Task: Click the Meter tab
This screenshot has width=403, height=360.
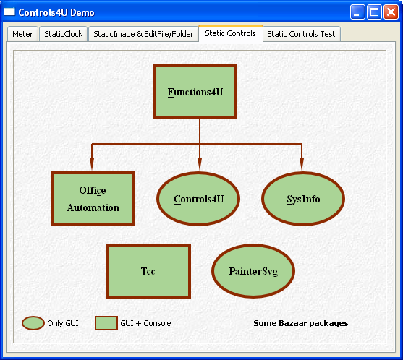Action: click(x=22, y=34)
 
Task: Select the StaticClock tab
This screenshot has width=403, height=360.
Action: click(x=63, y=34)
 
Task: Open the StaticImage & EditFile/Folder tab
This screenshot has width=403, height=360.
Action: click(x=143, y=34)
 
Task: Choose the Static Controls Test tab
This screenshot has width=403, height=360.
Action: click(x=301, y=34)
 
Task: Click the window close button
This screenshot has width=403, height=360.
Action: click(x=391, y=12)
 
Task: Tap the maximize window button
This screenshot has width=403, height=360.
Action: click(x=374, y=12)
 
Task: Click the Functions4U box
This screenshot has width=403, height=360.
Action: click(x=195, y=92)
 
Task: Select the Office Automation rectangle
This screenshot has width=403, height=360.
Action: click(x=93, y=199)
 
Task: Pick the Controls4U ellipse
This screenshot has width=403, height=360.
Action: click(x=198, y=199)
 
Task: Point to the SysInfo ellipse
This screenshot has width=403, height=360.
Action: click(x=303, y=199)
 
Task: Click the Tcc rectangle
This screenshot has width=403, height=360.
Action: click(x=148, y=271)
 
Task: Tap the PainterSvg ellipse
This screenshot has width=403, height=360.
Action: click(x=253, y=271)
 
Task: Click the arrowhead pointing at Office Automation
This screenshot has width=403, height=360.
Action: click(x=92, y=164)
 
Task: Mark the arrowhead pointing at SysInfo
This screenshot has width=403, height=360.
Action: click(x=302, y=164)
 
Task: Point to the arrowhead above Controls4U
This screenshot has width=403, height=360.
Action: click(x=200, y=164)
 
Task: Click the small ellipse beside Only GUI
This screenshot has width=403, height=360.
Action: click(x=33, y=323)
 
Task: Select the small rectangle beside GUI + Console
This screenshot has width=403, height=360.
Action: click(x=106, y=323)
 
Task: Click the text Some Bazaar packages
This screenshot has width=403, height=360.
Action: click(x=301, y=323)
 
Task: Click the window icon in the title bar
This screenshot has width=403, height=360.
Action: click(x=9, y=12)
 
